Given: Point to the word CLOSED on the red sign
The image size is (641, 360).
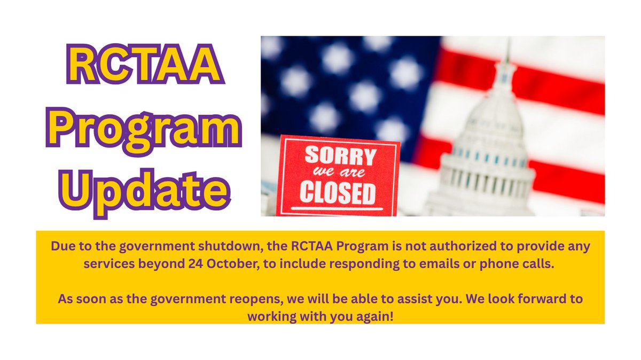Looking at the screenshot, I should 337,193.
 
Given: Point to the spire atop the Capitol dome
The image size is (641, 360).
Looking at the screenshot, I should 507,53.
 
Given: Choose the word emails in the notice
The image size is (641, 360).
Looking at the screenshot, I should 461,267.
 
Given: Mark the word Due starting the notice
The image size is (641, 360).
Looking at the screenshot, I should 62,247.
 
